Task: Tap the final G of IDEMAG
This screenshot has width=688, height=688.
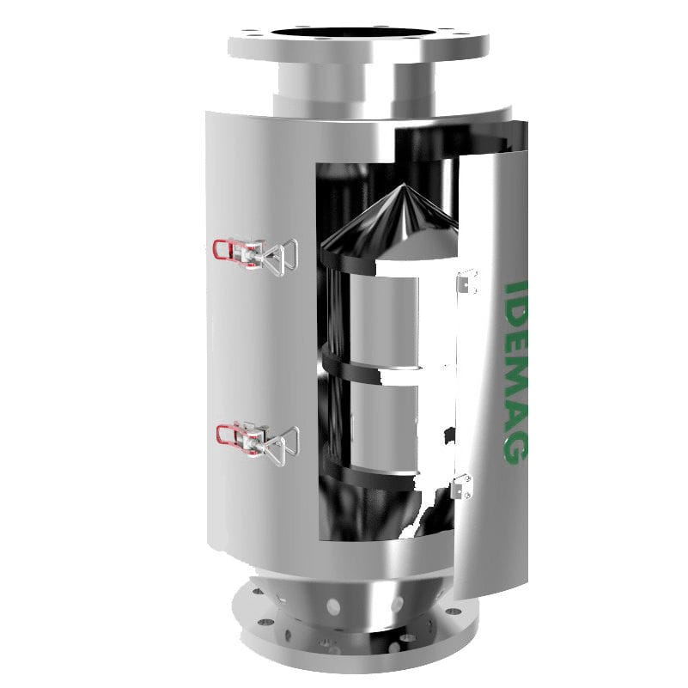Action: pyautogui.click(x=516, y=448)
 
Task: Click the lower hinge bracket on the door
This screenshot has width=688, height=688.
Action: pyautogui.click(x=463, y=485)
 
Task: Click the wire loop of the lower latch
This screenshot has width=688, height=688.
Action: pyautogui.click(x=281, y=441)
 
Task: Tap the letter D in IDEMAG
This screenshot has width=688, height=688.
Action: pyautogui.click(x=516, y=314)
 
